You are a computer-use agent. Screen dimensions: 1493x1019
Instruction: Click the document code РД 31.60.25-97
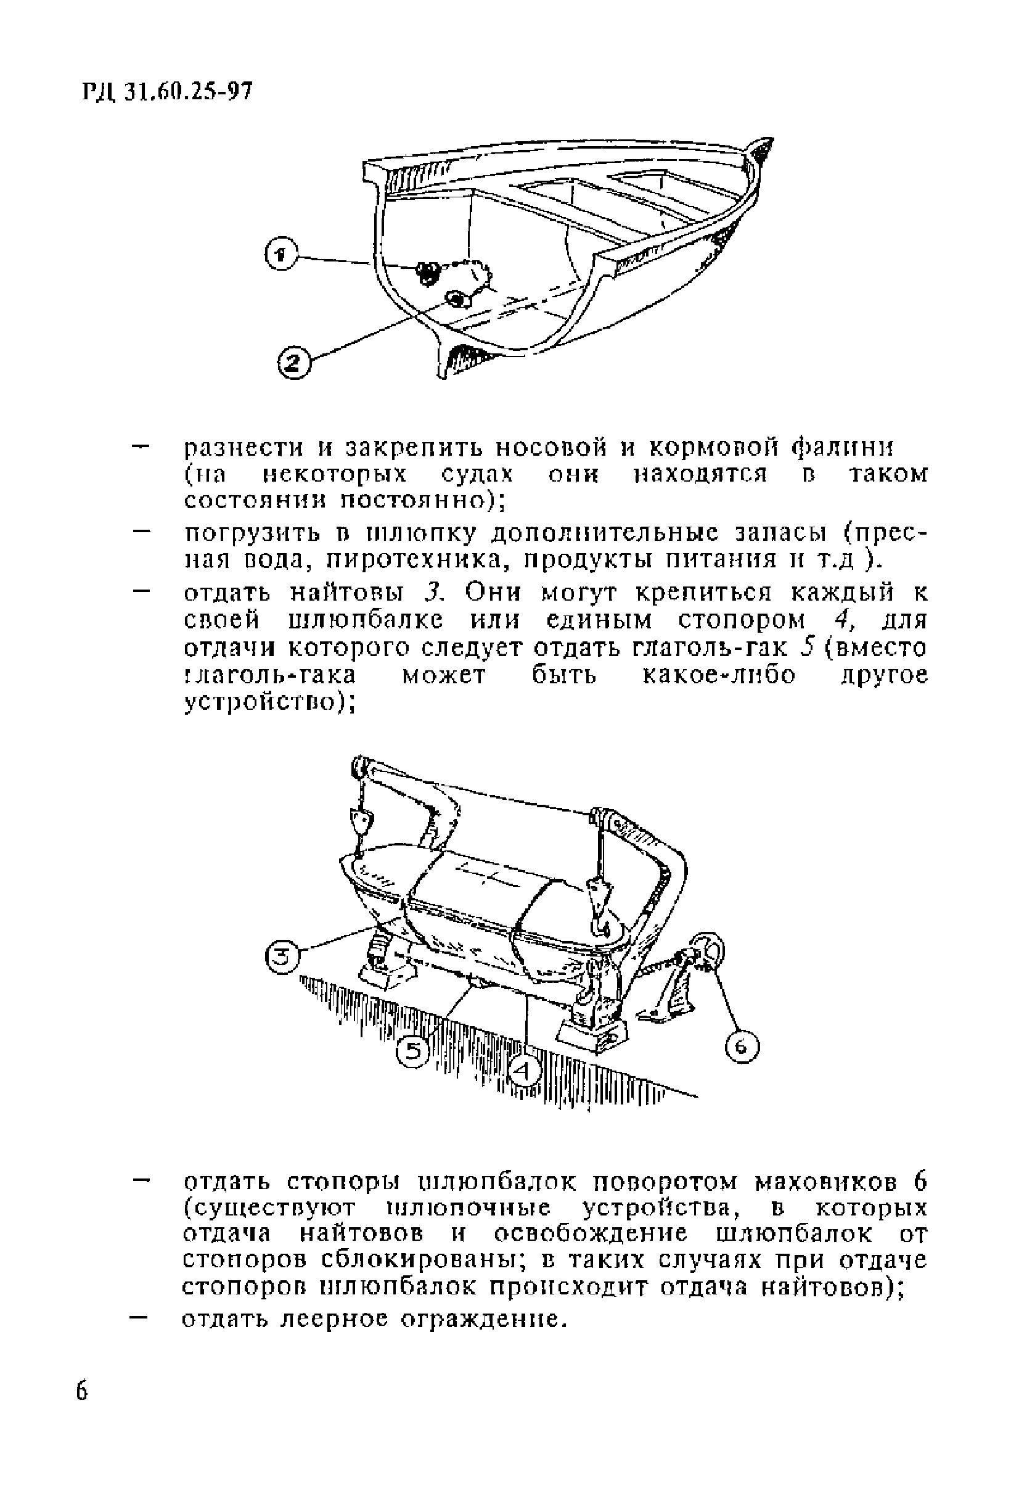coord(169,94)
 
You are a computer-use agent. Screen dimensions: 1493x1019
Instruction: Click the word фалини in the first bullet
coord(841,446)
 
